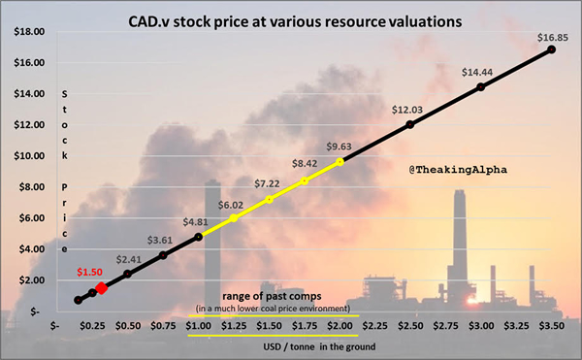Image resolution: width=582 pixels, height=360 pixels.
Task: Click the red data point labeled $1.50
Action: (x=102, y=288)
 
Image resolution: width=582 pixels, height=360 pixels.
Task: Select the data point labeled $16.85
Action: (x=551, y=49)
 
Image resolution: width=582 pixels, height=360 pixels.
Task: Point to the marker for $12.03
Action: (x=409, y=124)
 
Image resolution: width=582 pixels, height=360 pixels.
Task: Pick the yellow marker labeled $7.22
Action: (x=269, y=199)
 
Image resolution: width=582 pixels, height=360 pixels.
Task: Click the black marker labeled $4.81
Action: (x=198, y=237)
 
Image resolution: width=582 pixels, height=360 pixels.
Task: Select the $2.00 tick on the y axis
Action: (x=29, y=279)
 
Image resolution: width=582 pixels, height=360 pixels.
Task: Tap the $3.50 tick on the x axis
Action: (x=551, y=327)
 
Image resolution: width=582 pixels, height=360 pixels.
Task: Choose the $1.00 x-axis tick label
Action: (x=198, y=327)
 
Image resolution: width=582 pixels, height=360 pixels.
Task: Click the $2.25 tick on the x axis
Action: (x=374, y=327)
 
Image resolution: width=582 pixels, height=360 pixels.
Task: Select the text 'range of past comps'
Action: (x=269, y=295)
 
